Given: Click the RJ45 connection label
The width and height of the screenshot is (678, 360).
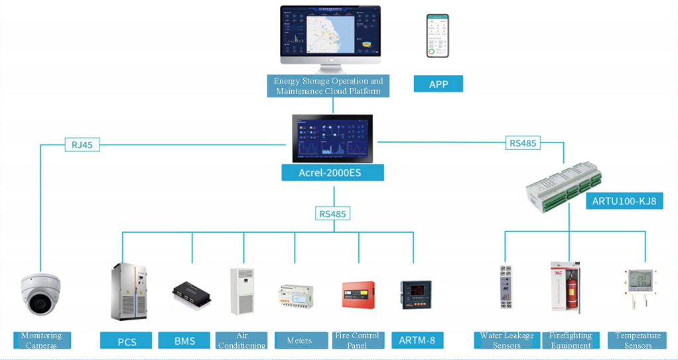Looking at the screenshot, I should [82, 145].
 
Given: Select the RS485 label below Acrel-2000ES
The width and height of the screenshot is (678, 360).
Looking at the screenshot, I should [333, 213].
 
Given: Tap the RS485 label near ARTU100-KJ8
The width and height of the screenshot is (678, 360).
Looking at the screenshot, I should [523, 143].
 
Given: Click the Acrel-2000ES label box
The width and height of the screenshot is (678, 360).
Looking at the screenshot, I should [332, 173].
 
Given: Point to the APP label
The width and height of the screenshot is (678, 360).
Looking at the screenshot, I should [438, 84].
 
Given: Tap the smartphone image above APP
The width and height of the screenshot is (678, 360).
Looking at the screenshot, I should [437, 36].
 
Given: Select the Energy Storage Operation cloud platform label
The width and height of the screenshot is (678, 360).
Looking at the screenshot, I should [328, 86].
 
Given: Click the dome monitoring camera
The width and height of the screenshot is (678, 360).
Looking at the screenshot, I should [41, 294].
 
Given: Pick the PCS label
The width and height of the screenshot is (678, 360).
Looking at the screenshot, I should [126, 341].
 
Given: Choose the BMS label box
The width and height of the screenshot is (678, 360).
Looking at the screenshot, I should [184, 341].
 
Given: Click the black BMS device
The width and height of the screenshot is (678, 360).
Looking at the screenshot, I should [192, 296].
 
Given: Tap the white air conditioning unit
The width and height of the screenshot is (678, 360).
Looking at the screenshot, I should [241, 292].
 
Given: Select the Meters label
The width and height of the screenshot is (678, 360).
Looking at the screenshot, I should [300, 341].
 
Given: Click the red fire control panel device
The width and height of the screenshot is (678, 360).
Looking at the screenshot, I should [358, 294].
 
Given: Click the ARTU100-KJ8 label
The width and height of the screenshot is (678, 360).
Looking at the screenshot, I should [624, 201].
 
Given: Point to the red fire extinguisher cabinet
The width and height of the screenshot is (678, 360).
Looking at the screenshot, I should [565, 288].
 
